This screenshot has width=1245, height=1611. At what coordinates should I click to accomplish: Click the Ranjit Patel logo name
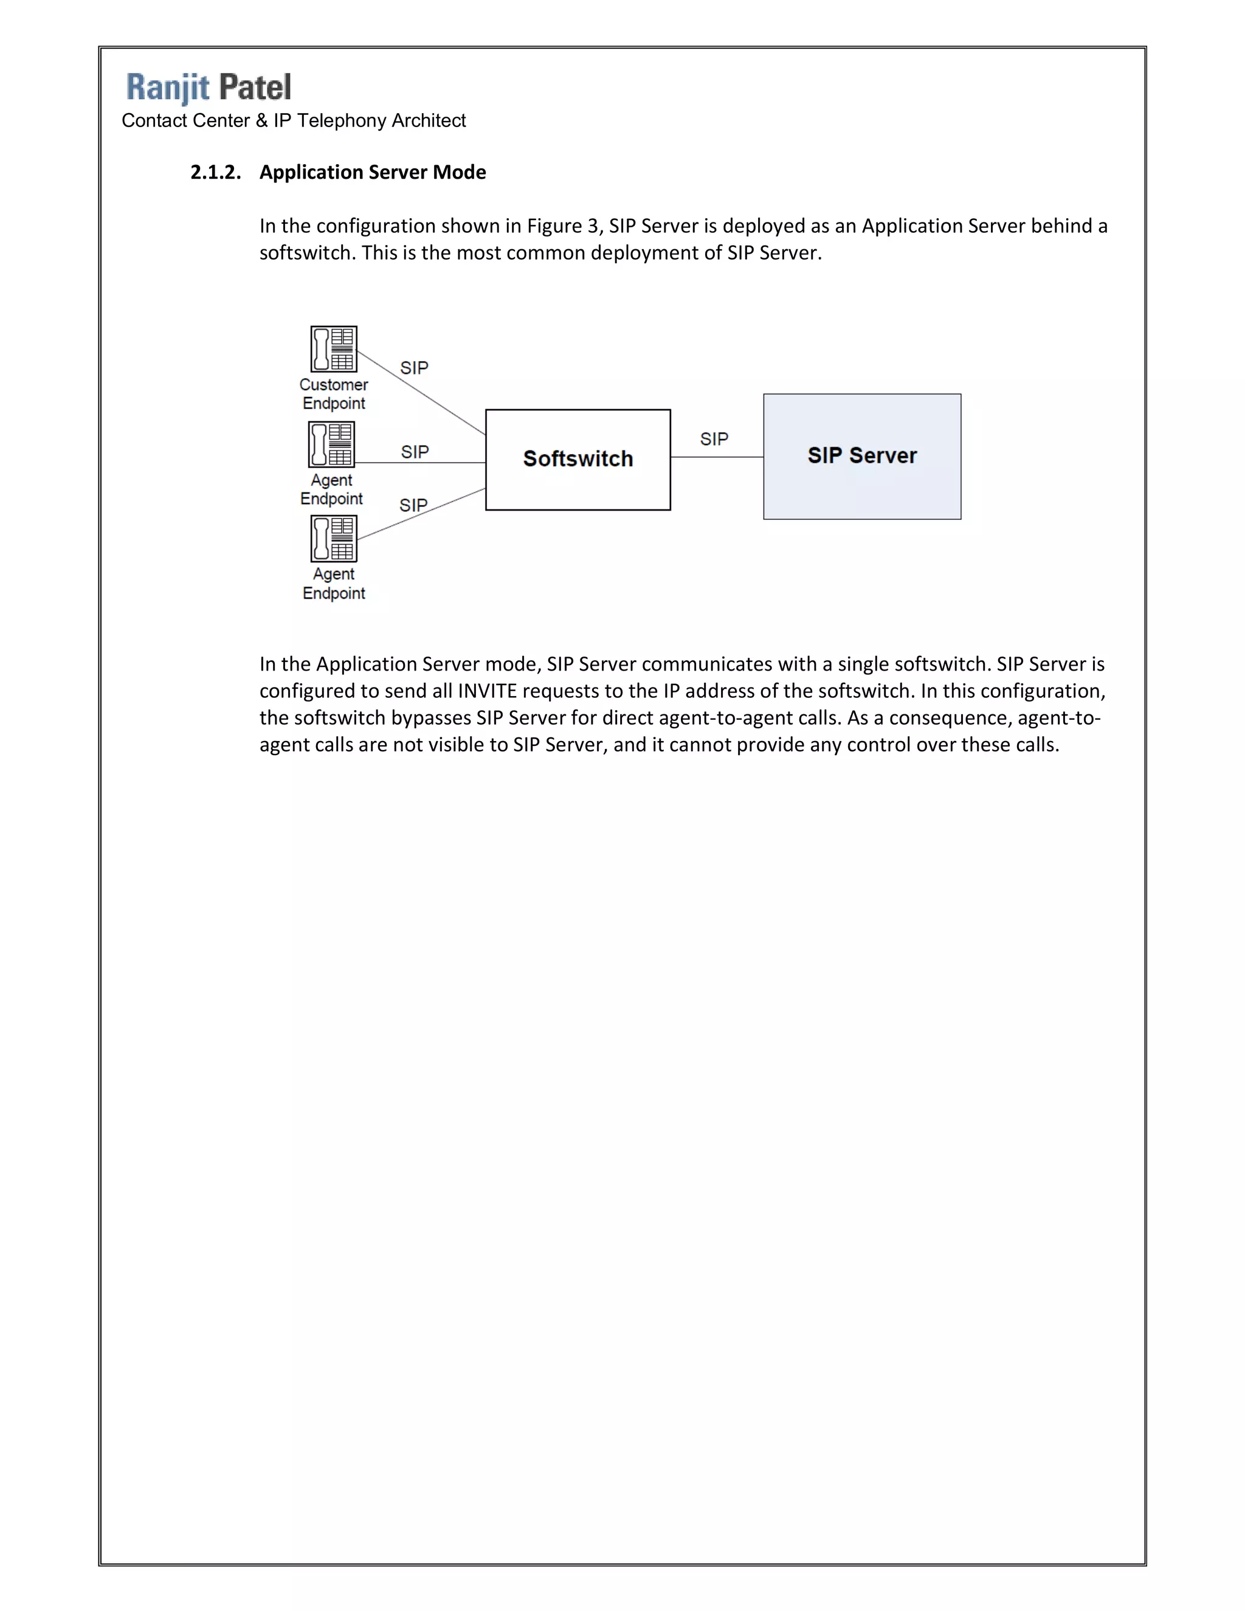(209, 87)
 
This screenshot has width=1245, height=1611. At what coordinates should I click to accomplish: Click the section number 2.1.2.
(215, 173)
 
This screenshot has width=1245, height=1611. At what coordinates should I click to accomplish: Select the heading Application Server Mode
(373, 173)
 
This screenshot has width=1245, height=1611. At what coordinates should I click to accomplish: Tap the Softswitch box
(578, 459)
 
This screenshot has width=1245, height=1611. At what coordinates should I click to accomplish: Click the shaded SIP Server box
(861, 456)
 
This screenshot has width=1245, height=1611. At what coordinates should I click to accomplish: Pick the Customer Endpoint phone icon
(333, 349)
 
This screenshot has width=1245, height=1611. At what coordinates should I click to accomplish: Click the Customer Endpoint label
(333, 394)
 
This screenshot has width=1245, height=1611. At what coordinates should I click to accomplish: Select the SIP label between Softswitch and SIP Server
(714, 440)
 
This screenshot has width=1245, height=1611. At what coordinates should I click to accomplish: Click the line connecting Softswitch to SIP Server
(717, 457)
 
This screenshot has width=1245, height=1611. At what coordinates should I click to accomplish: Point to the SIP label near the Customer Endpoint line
(414, 368)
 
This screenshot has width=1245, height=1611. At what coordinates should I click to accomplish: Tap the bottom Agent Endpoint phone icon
(333, 539)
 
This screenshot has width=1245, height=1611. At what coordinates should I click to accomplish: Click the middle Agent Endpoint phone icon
(331, 444)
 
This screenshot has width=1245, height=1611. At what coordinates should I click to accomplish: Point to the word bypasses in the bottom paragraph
(430, 719)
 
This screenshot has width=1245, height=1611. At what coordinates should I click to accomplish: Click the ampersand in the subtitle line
(261, 121)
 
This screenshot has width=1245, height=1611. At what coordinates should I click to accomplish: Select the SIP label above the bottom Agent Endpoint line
(413, 505)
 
